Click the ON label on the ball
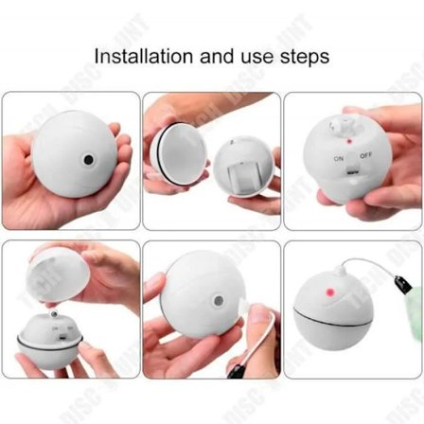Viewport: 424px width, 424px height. [338, 158]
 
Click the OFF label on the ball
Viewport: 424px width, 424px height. [365, 155]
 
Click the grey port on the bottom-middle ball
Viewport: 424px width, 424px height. [220, 301]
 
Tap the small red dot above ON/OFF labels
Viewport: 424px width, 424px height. [349, 140]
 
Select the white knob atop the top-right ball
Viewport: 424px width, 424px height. [336, 123]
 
